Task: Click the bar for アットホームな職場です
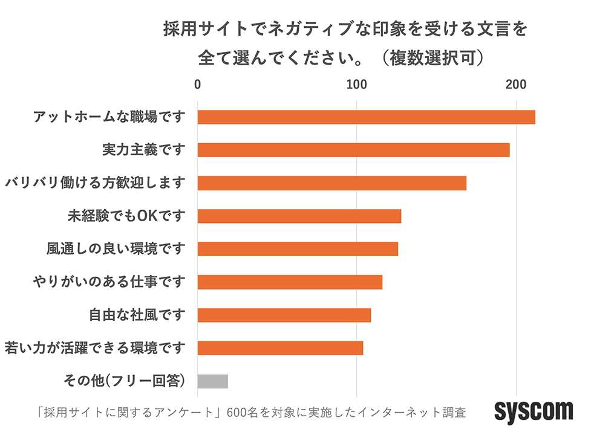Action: pyautogui.click(x=366, y=117)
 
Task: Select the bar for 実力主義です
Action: pyautogui.click(x=353, y=150)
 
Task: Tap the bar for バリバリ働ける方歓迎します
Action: pyautogui.click(x=331, y=183)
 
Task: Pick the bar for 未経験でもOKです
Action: pyautogui.click(x=299, y=216)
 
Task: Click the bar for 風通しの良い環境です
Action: pyautogui.click(x=298, y=249)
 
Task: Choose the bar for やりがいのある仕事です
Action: pyautogui.click(x=290, y=282)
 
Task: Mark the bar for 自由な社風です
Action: pyautogui.click(x=284, y=315)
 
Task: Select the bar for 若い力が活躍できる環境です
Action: pyautogui.click(x=280, y=348)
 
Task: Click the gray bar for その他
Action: pyautogui.click(x=212, y=381)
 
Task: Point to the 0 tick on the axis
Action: pyautogui.click(x=198, y=85)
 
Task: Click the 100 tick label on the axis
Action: pyautogui.click(x=357, y=85)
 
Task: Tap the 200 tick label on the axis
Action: pyautogui.click(x=516, y=85)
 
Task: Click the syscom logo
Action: pyautogui.click(x=534, y=411)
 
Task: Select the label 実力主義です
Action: pyautogui.click(x=143, y=150)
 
